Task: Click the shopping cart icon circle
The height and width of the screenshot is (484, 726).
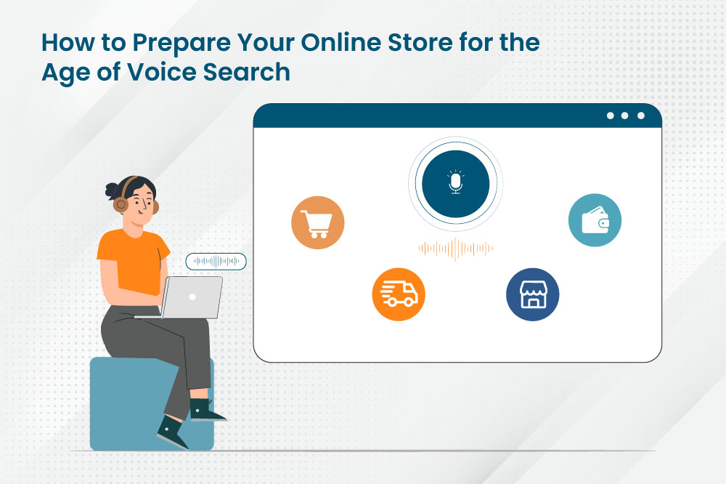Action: click(318, 222)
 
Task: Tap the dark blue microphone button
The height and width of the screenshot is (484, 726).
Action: click(456, 184)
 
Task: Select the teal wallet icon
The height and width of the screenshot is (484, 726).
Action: click(595, 220)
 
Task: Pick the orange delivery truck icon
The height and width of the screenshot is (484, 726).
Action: click(399, 294)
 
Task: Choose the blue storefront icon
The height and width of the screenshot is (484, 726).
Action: click(532, 294)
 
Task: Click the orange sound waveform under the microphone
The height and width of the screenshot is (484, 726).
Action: click(456, 249)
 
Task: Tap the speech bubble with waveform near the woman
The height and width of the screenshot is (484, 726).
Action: click(216, 262)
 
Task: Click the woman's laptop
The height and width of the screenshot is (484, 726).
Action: click(189, 298)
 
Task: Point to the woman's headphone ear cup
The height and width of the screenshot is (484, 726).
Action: click(121, 203)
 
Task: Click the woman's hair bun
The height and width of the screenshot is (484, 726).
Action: click(112, 190)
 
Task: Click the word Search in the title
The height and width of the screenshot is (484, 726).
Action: click(246, 72)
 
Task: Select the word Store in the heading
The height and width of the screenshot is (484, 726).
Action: click(420, 43)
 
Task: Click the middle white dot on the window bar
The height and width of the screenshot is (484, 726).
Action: click(624, 116)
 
